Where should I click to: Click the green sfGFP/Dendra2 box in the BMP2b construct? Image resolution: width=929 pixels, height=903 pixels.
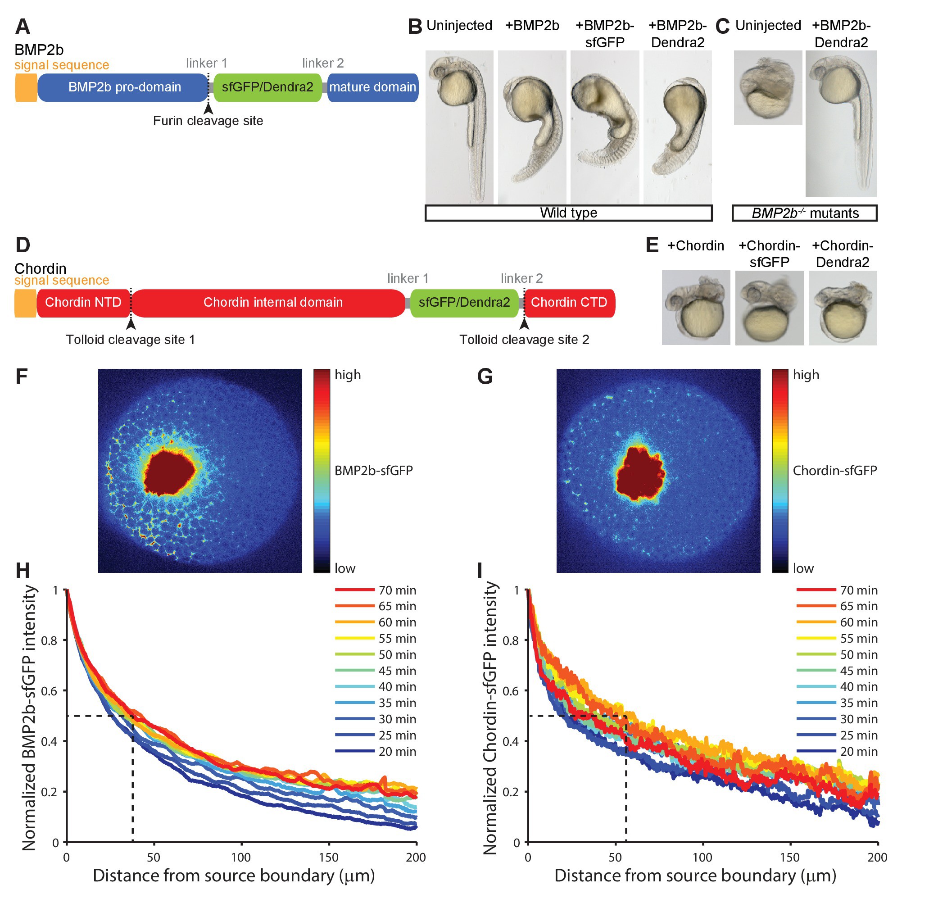point(267,87)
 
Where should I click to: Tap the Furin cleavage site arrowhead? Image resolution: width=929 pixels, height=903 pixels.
point(208,109)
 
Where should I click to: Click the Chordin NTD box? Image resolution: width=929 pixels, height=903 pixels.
point(83,303)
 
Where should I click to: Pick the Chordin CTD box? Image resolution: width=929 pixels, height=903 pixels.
point(569,303)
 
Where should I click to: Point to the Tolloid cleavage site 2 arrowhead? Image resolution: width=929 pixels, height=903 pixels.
point(524,324)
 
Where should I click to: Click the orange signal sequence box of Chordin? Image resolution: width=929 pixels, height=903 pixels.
point(25,303)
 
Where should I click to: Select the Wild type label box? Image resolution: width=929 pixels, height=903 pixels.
point(569,213)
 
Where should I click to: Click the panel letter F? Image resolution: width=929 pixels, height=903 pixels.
point(21,377)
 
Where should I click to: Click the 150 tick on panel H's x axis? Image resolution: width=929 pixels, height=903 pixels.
point(329,858)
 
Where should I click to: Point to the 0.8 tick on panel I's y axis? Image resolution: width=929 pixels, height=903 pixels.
point(511,641)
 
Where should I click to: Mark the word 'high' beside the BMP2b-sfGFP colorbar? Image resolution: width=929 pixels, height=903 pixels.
point(348,375)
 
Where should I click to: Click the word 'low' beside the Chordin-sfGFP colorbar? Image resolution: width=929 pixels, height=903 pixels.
point(803,568)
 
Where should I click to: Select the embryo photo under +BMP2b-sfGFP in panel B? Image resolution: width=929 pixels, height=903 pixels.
point(605,127)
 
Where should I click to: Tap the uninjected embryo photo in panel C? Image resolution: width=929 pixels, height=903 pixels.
point(768,88)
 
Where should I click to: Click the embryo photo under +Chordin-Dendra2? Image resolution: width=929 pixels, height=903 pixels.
point(843,308)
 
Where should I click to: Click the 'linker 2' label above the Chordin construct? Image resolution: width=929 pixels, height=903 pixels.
point(521,278)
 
